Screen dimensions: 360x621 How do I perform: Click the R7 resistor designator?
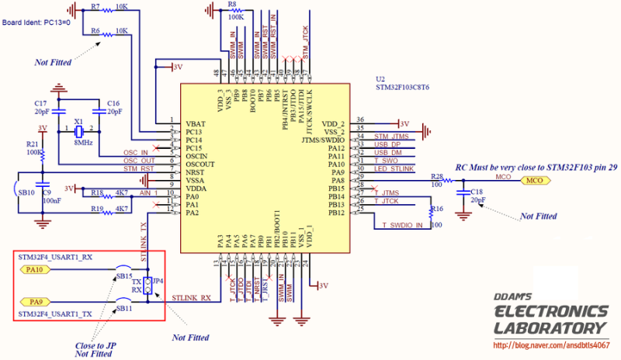point(95,6)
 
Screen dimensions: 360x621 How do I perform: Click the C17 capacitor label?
point(41,103)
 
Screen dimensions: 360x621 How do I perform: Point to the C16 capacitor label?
point(113,103)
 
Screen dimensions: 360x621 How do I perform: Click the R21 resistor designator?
point(32,144)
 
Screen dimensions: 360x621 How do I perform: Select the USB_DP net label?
point(388,144)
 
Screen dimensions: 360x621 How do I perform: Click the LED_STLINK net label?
point(394,168)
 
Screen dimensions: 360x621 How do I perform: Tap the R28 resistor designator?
point(438,177)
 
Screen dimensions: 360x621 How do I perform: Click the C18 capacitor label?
point(476,190)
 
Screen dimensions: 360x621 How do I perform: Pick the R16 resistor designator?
point(437,209)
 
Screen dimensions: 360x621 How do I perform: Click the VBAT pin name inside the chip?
point(197,124)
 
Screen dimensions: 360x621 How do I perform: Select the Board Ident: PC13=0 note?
point(36,22)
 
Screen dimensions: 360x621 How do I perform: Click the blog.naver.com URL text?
point(550,344)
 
